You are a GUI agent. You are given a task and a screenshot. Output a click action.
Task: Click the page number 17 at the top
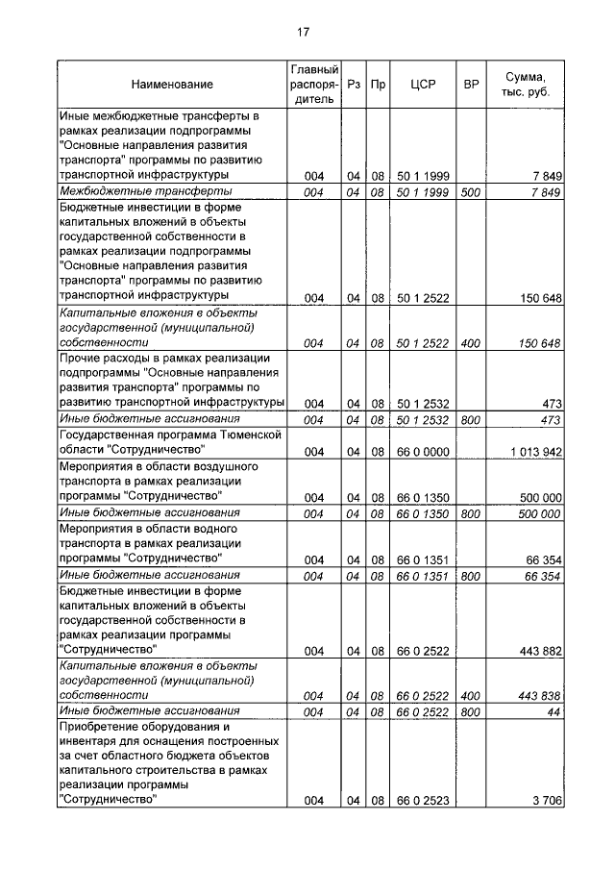[303, 32]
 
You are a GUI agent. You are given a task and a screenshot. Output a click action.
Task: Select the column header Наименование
[174, 85]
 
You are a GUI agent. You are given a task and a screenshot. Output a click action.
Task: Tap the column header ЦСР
[423, 85]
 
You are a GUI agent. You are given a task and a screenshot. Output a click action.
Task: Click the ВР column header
[471, 85]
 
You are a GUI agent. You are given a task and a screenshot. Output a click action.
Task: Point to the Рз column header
[353, 85]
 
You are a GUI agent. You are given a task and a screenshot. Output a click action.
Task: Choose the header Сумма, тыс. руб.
[525, 85]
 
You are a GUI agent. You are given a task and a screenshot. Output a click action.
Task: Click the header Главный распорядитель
[313, 84]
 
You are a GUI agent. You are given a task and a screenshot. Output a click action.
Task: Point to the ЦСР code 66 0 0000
[423, 451]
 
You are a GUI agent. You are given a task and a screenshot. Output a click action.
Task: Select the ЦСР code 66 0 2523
[423, 800]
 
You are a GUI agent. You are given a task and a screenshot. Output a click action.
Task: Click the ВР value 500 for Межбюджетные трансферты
[471, 192]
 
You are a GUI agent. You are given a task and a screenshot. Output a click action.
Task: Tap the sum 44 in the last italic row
[554, 710]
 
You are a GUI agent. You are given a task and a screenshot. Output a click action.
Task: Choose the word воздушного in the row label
[179, 466]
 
